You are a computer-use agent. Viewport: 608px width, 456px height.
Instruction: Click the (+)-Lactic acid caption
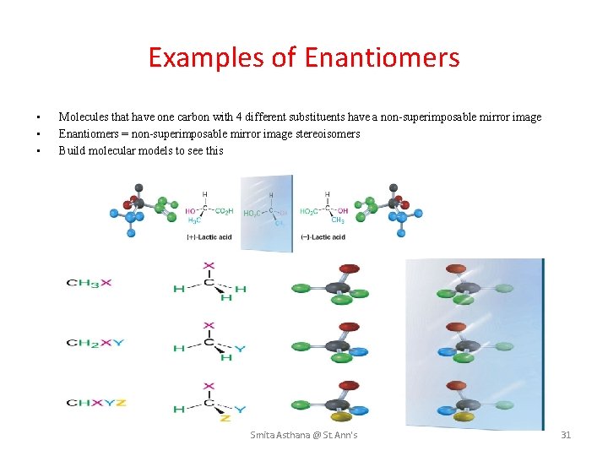click(209, 237)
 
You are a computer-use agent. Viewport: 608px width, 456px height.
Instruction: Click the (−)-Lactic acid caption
click(323, 237)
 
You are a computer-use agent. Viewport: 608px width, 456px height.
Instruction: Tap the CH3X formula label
click(90, 282)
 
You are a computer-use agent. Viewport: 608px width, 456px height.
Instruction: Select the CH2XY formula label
click(95, 342)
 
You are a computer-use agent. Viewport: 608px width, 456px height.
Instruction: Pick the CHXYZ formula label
click(97, 402)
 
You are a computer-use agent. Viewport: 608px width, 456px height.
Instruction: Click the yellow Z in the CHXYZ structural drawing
click(225, 419)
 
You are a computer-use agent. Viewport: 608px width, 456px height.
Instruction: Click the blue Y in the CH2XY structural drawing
click(240, 349)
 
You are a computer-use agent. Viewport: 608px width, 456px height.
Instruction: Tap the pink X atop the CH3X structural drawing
click(209, 264)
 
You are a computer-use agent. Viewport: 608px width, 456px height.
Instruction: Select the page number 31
click(566, 435)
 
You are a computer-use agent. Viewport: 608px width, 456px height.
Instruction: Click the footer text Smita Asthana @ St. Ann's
click(304, 435)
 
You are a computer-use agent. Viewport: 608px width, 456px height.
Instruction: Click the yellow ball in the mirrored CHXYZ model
click(463, 416)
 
